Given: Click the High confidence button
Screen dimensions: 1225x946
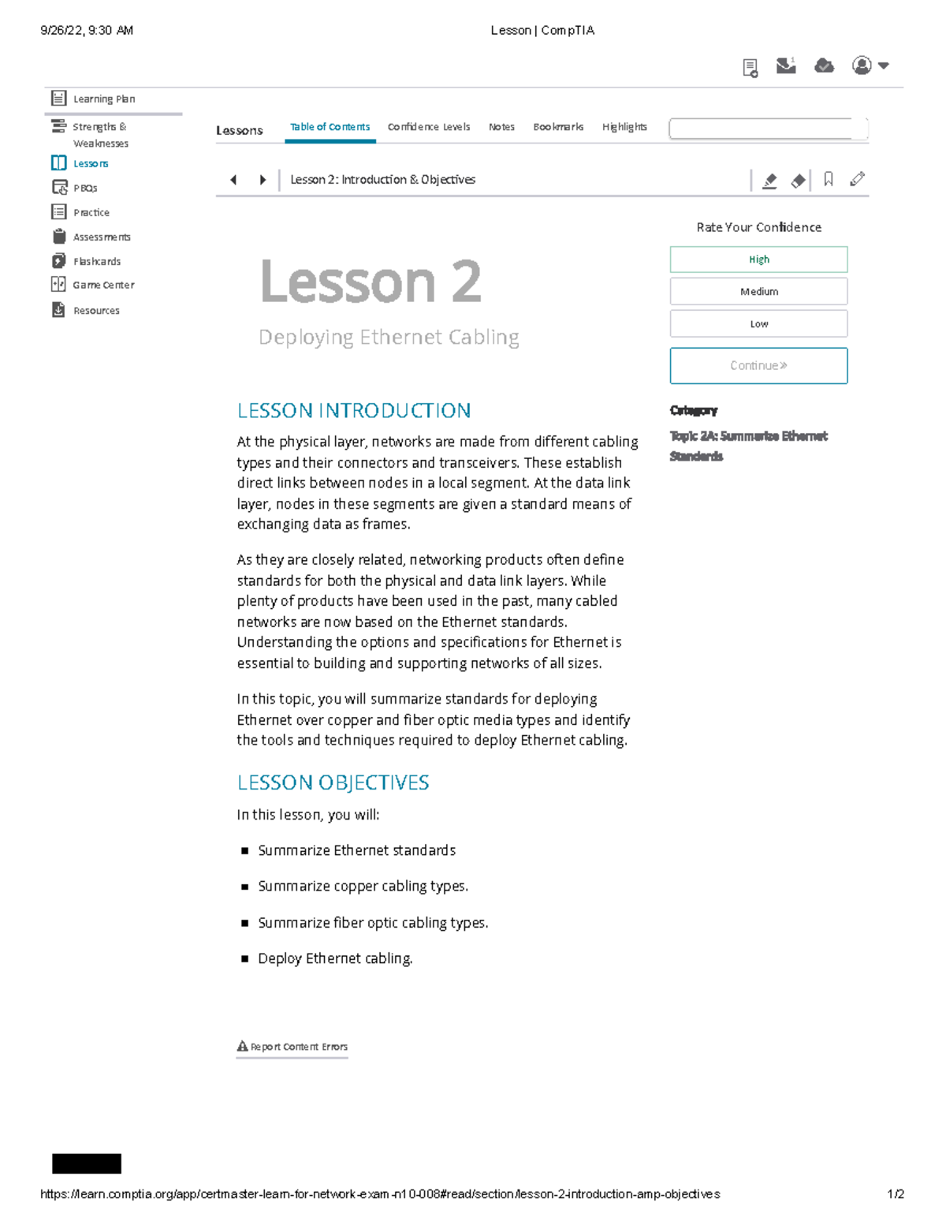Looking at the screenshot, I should (758, 260).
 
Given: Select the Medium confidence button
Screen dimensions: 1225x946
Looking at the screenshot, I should (758, 292).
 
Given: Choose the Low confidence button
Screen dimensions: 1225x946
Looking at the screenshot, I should (758, 324).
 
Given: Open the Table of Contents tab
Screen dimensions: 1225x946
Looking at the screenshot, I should (330, 127).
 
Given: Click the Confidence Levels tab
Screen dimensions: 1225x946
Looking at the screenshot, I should (428, 127).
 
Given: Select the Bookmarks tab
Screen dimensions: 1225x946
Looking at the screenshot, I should (558, 127).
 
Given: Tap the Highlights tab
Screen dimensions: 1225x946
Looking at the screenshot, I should (624, 127).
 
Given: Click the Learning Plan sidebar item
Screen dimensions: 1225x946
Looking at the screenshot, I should (103, 99).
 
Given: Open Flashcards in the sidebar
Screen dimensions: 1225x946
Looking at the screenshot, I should (96, 262).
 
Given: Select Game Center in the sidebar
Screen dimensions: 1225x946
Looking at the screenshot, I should (103, 286).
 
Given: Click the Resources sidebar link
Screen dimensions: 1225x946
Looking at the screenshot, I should (96, 311).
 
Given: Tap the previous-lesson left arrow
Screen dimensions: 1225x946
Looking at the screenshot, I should (233, 180).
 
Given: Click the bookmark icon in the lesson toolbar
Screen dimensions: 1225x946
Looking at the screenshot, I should (828, 180).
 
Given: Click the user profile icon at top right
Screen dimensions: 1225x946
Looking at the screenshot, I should (862, 65).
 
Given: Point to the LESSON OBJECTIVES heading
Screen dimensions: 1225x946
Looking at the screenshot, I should (333, 782).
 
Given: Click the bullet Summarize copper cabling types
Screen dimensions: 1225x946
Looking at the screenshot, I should (363, 887).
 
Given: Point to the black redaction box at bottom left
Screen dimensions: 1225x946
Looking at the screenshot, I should (87, 1163).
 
